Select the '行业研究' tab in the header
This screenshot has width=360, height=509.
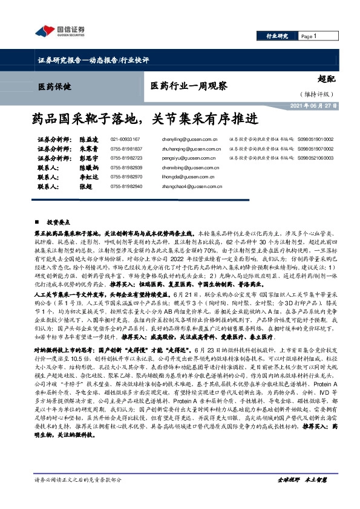278,36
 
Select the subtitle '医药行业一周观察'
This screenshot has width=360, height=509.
189,86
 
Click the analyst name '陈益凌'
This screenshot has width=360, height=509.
90,138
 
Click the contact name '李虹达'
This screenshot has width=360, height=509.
90,177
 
